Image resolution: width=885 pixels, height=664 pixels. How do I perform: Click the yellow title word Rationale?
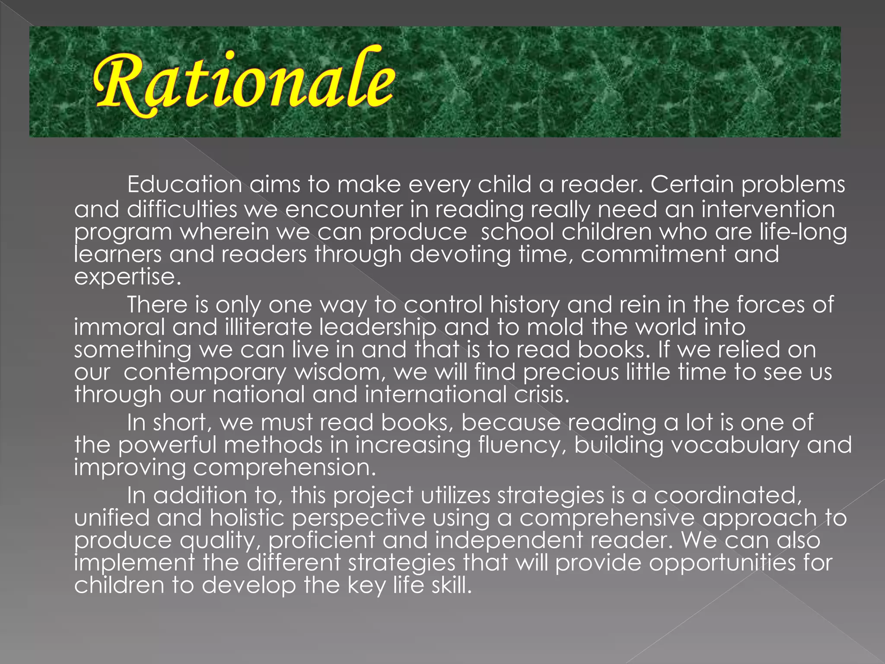point(244,82)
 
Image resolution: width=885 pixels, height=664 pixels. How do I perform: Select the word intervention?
point(768,209)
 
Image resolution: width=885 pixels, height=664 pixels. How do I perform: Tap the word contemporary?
point(205,373)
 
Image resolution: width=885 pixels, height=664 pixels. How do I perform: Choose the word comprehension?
point(284,468)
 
